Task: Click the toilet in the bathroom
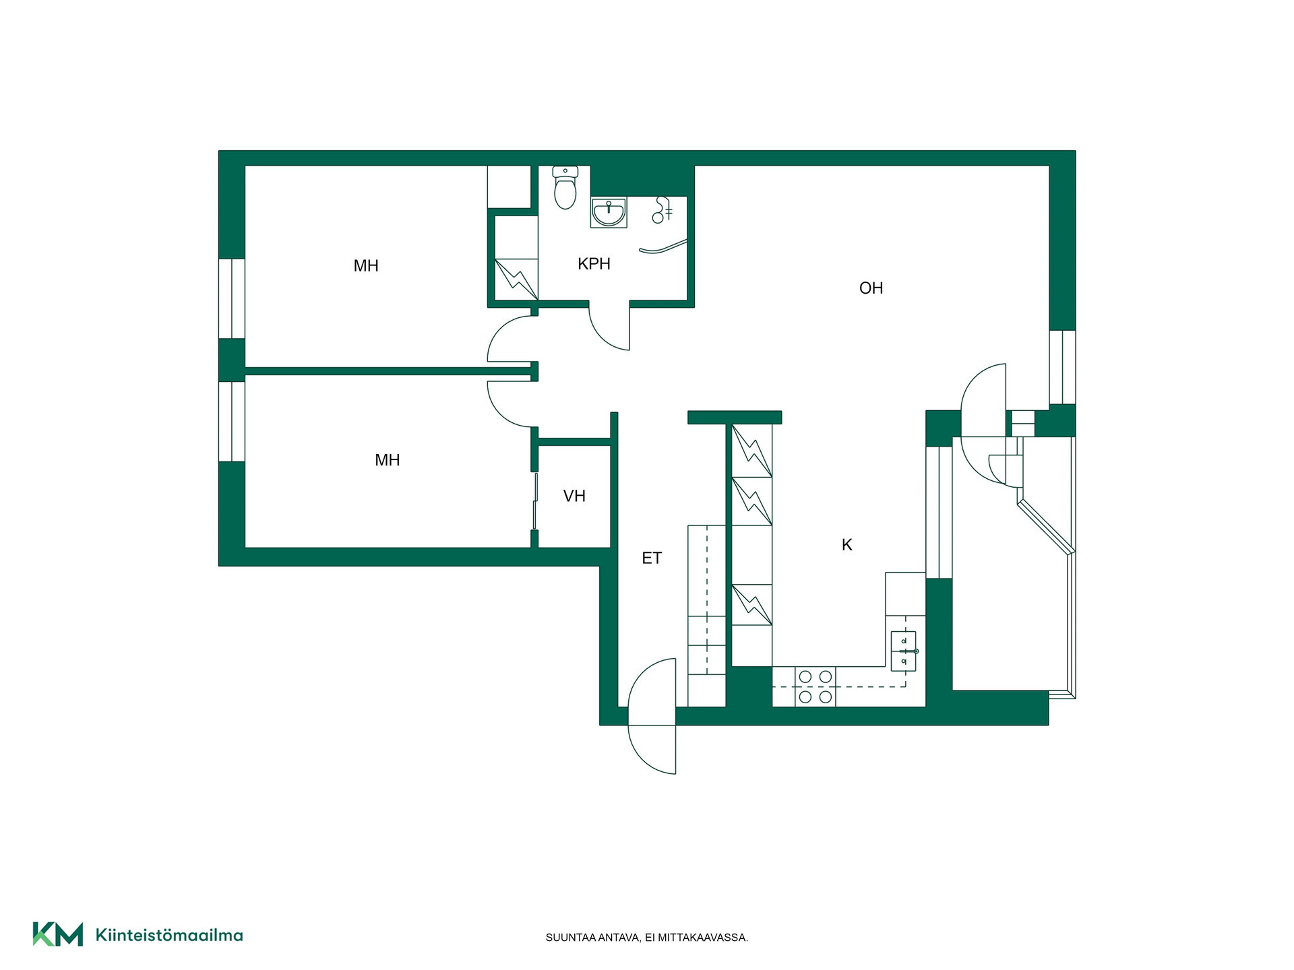tap(565, 187)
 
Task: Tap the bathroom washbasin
tap(609, 212)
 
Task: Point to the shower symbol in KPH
tap(662, 209)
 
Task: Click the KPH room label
tap(594, 264)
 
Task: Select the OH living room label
tap(871, 288)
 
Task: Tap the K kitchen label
tap(847, 545)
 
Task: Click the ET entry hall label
tap(652, 558)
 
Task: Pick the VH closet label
tap(574, 496)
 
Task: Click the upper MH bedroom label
tap(366, 266)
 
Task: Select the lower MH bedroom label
tap(388, 460)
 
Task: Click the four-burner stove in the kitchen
tap(815, 687)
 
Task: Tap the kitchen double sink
tap(904, 651)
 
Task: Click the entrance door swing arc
tap(651, 716)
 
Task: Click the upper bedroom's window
tap(232, 298)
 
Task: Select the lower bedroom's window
tap(232, 422)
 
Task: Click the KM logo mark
tap(58, 934)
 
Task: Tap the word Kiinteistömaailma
tap(169, 935)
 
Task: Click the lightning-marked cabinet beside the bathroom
tap(516, 279)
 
